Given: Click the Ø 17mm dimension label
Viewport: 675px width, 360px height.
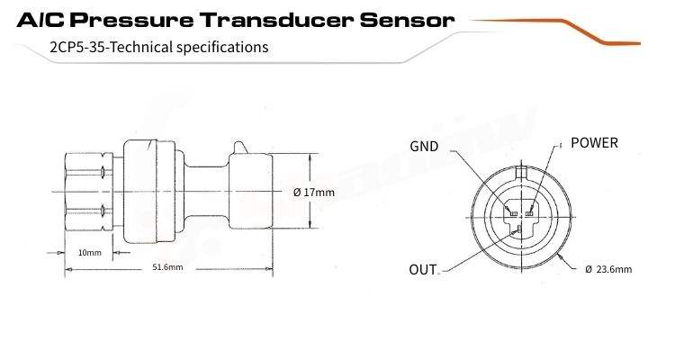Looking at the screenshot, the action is pyautogui.click(x=314, y=192).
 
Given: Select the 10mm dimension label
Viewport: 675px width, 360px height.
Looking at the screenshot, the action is pyautogui.click(x=89, y=252).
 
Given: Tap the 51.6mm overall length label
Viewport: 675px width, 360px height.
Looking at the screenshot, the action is pyautogui.click(x=167, y=267).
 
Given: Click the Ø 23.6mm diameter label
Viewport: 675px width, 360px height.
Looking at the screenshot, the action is pyautogui.click(x=608, y=268).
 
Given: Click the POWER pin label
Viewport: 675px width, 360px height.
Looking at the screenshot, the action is pyautogui.click(x=595, y=143).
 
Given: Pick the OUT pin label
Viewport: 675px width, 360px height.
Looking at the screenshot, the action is pyautogui.click(x=423, y=269).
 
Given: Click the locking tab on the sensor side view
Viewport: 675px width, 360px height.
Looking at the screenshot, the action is pyautogui.click(x=239, y=147).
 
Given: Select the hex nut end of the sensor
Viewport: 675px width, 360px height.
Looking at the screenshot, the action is pyautogui.click(x=86, y=192).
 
